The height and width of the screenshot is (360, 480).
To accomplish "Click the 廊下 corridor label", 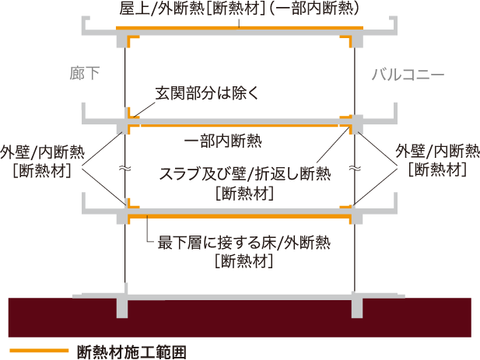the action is coord(85,73).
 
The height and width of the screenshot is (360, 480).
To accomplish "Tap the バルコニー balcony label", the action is coord(408,75).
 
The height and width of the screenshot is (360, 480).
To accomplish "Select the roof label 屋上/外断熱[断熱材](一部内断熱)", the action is coord(239,9).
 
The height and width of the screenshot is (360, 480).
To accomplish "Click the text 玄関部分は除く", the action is coord(207,93).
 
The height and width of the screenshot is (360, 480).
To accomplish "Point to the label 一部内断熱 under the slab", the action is coord(222,141).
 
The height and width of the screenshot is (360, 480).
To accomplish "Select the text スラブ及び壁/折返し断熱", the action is coord(245,173).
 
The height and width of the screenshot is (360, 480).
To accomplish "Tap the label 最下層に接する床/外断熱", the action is coord(244,243).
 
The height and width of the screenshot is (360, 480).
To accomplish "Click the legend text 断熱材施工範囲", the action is coord(131,352).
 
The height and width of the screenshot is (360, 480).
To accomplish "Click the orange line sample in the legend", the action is coord(39,351).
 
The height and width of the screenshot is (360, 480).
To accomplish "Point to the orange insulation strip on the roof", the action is coord(240,28).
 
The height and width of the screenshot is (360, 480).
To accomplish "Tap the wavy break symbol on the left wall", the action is coord(125,168).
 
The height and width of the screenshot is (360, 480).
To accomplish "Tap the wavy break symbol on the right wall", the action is coord(355,168).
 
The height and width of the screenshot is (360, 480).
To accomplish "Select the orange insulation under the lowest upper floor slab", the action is coord(240,217).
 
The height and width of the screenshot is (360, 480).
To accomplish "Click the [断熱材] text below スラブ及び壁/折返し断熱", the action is coord(244,194).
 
